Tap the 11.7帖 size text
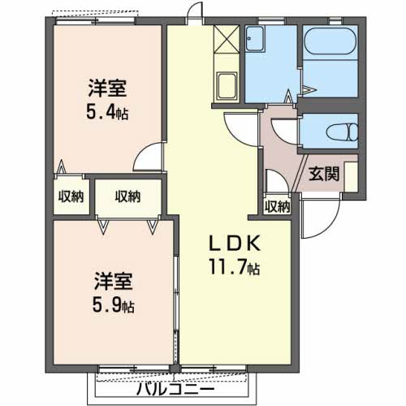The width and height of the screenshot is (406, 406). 234,266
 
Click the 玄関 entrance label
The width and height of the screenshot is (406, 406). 322,173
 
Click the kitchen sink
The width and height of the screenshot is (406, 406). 225,84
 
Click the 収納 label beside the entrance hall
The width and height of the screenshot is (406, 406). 277,206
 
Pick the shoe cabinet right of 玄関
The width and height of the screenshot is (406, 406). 351,173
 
